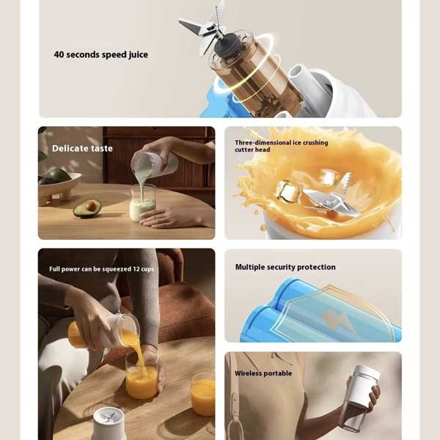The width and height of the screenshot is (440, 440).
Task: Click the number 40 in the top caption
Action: (x=59, y=54)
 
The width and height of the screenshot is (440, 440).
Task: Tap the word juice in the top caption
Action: (x=138, y=55)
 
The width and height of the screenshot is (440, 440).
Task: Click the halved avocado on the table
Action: (x=87, y=208)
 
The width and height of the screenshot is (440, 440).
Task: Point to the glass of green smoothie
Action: (x=142, y=203)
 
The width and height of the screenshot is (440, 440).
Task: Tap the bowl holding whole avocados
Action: (x=59, y=186)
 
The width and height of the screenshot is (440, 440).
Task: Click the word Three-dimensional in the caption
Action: (x=263, y=142)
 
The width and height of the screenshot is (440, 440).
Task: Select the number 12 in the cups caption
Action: (x=136, y=269)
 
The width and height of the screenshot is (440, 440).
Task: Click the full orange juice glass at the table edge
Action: (x=203, y=395)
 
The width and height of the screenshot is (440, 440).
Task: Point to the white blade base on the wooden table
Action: (x=109, y=423)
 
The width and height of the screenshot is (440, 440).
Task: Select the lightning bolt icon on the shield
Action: (x=337, y=319)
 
